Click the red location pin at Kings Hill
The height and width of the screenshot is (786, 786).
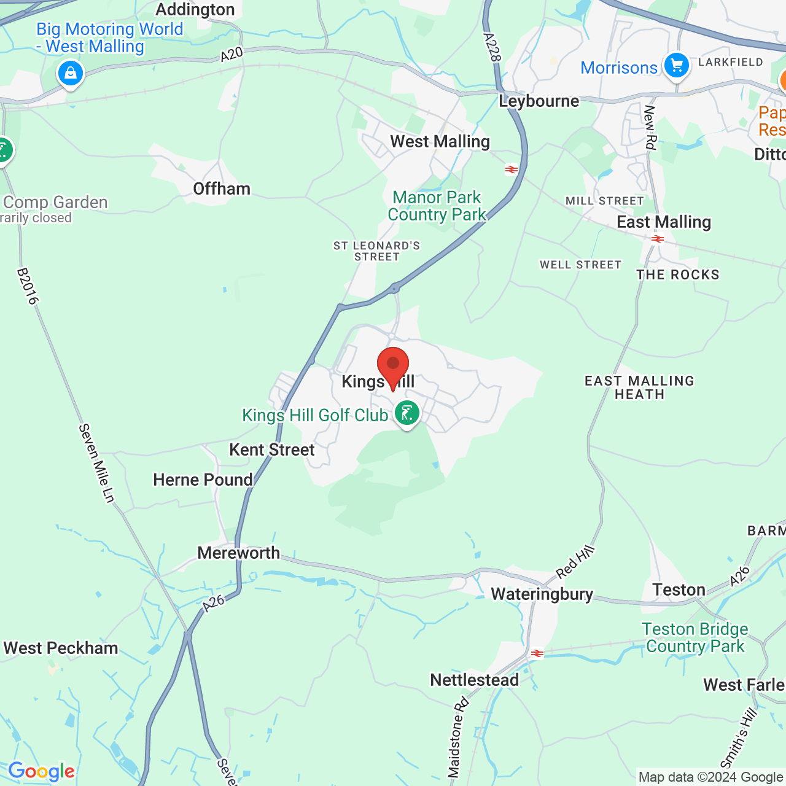[x=393, y=366]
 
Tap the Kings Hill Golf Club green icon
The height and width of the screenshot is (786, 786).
[x=407, y=413]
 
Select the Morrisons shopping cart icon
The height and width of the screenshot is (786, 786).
[x=676, y=65]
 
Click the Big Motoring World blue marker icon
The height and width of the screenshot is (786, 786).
[x=71, y=74]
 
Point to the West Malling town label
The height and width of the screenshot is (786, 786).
[x=440, y=142]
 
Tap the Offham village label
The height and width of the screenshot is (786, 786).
[x=222, y=189]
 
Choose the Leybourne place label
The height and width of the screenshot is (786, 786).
[x=539, y=101]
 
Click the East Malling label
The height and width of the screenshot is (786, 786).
[x=663, y=222]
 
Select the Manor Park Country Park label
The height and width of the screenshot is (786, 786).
[x=437, y=206]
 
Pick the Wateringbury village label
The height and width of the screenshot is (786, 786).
[x=542, y=594]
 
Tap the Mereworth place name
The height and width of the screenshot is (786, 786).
[x=238, y=553]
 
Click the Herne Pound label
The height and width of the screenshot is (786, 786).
[x=203, y=480]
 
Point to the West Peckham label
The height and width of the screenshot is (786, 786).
[x=61, y=648]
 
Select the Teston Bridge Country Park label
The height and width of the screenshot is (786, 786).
[x=695, y=637]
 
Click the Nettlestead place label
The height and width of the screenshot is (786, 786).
[x=474, y=680]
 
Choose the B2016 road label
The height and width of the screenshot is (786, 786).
[x=28, y=286]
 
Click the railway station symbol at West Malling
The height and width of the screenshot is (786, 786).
[x=511, y=169]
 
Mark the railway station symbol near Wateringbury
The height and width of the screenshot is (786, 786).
[x=537, y=653]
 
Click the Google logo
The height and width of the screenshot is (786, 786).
[x=41, y=772]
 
